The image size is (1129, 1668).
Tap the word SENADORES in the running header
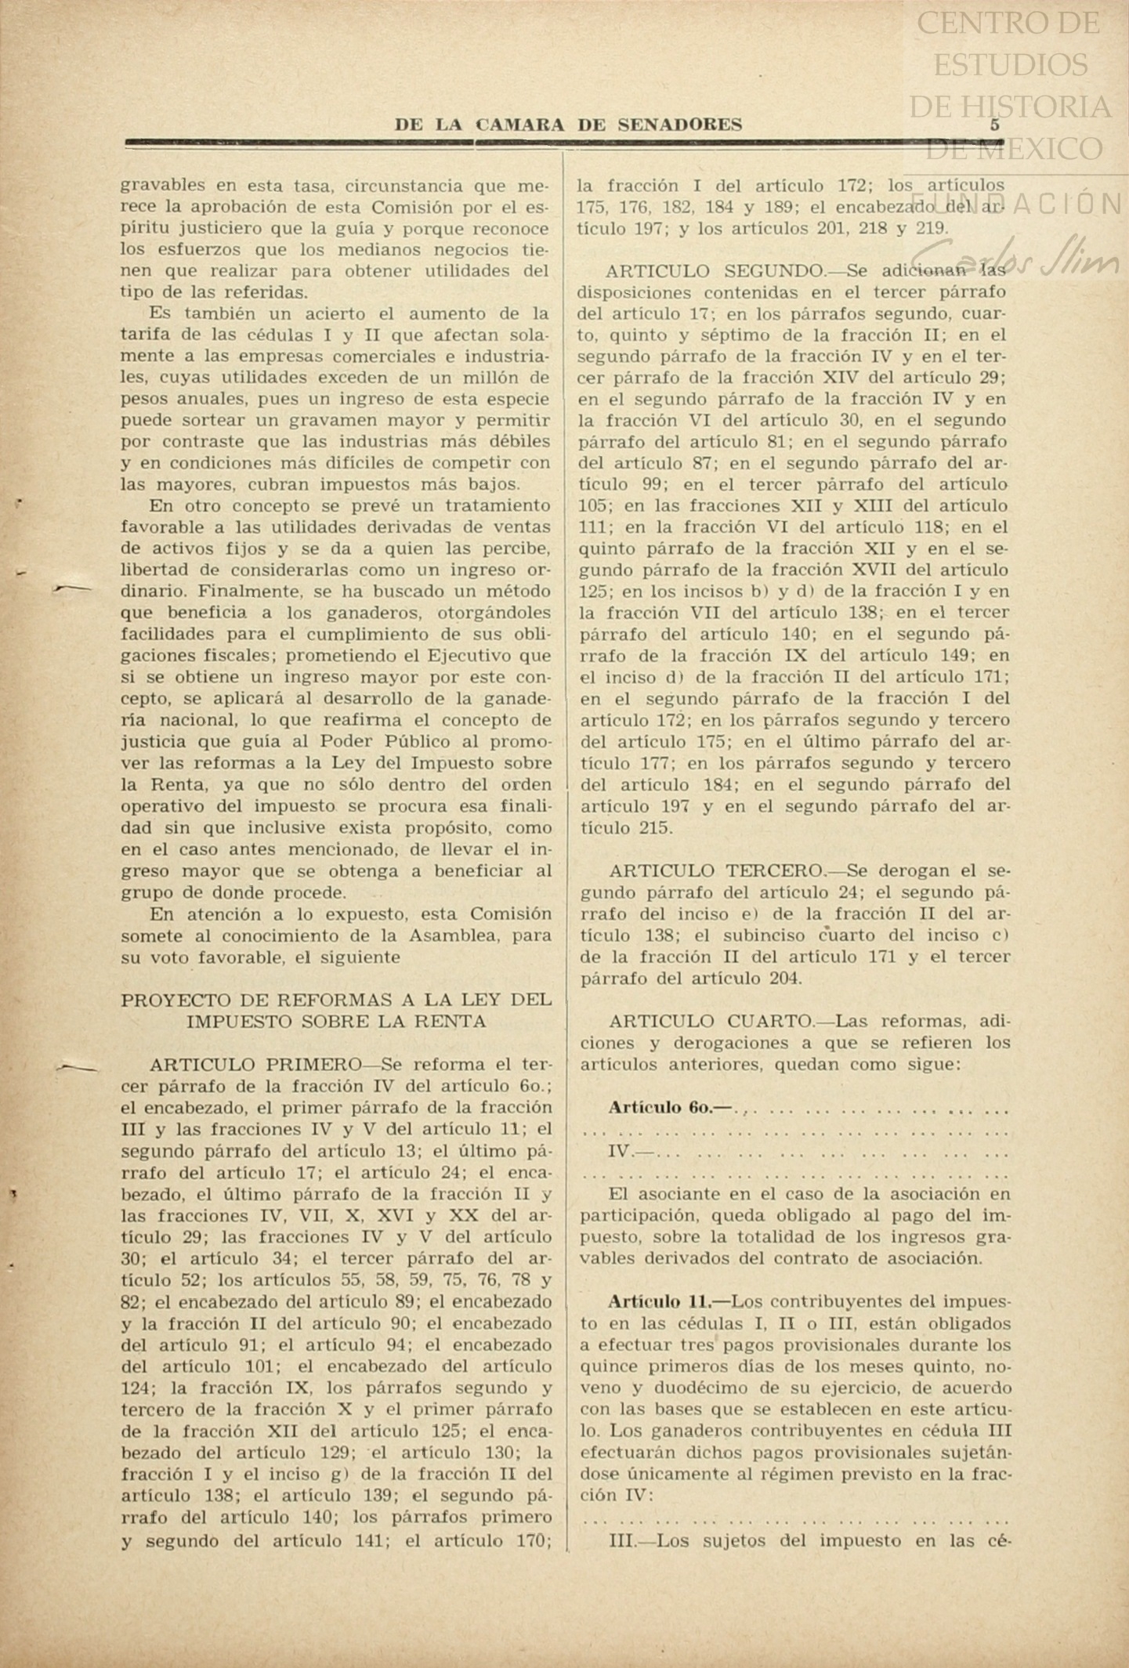[679, 125]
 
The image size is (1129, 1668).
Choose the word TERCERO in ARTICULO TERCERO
[775, 870]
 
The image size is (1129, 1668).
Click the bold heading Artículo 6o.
[668, 1108]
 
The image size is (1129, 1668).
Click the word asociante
[686, 1194]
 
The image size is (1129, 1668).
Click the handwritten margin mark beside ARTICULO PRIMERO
[77, 1067]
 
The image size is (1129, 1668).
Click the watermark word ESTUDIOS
[1010, 64]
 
